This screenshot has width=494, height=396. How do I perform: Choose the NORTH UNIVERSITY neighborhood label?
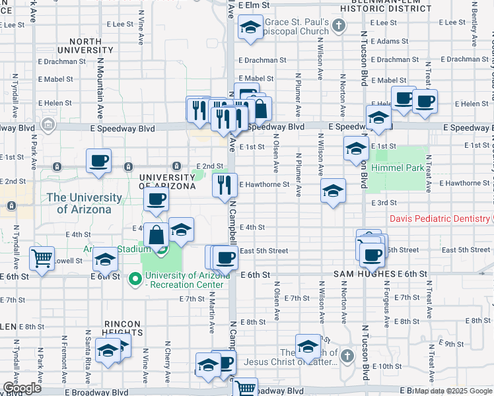88,46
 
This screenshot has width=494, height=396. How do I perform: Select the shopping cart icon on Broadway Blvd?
246,387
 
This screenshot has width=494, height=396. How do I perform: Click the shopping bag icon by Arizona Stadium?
156,235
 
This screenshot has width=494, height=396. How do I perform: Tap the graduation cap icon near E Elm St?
250,28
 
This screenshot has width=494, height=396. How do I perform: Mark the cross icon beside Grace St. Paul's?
339,26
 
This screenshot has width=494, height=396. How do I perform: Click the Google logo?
21,388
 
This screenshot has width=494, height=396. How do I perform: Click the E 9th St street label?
450,344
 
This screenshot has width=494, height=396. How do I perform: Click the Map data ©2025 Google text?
452,391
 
